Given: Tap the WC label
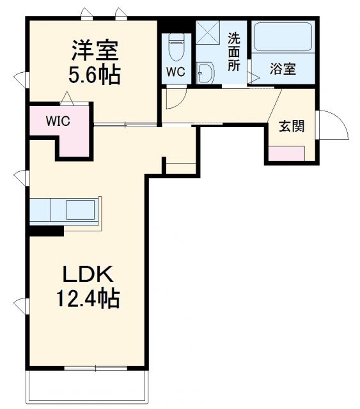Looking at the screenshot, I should [176, 72].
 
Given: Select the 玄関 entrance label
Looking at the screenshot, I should [290, 126].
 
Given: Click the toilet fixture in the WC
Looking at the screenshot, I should [176, 46].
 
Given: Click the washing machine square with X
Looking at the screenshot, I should [208, 31].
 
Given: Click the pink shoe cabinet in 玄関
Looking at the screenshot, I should [286, 153].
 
